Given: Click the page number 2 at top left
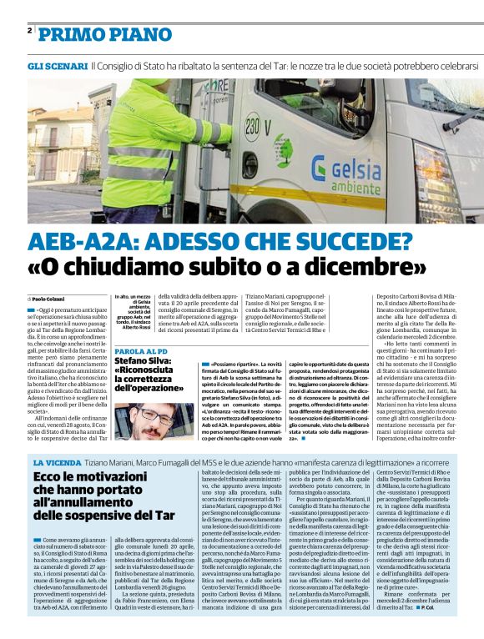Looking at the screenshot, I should [29, 31].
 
